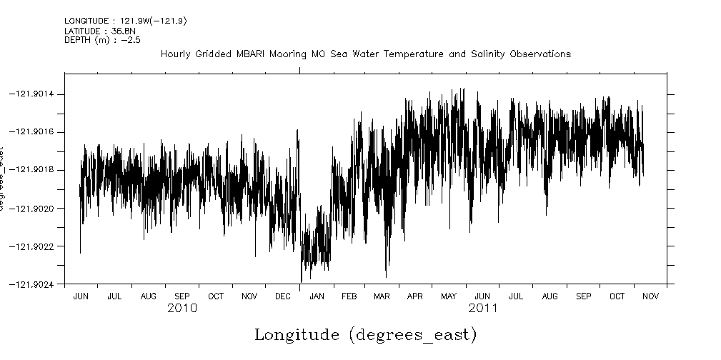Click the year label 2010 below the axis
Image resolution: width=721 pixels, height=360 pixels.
coord(182,309)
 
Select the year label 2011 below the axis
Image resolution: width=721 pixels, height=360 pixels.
coord(483,309)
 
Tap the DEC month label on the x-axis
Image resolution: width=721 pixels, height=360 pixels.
coord(282,296)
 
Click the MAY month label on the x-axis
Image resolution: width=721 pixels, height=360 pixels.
coord(449,296)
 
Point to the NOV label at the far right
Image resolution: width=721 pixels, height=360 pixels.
coord(650,296)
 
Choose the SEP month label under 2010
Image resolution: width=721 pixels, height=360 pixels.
coord(182,296)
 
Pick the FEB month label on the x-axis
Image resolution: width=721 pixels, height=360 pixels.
coord(349,296)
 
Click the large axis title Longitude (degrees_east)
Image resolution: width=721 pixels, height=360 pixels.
coord(365,334)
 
